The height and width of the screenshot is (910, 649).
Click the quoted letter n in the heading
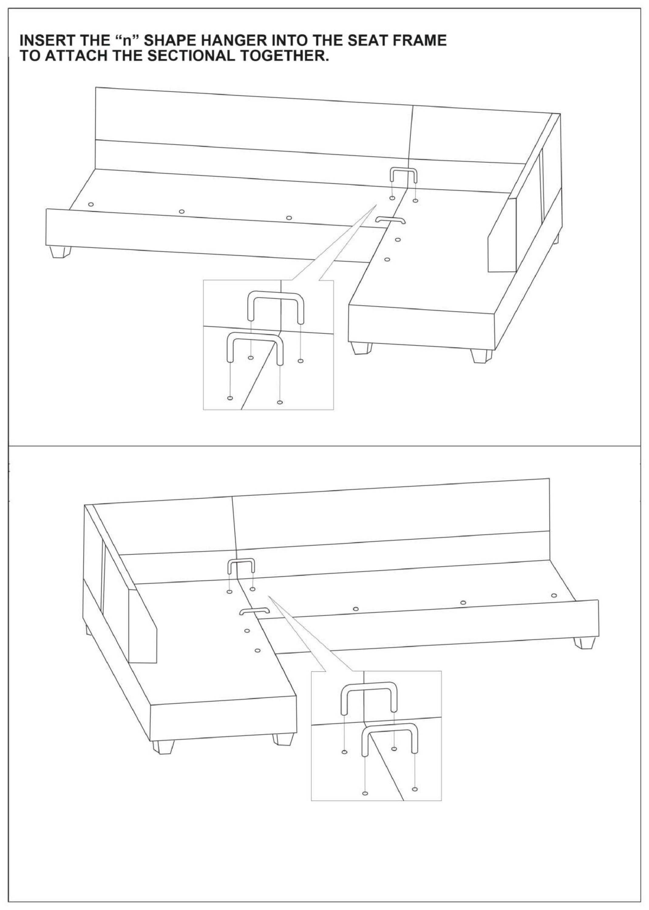coord(127,40)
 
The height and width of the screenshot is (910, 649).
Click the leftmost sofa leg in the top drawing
coord(61,252)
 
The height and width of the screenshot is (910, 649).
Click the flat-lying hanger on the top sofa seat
coord(390,219)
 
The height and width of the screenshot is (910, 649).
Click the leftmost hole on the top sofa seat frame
coord(91,204)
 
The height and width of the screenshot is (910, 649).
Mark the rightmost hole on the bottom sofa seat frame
coord(553,595)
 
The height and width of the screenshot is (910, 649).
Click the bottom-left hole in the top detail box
coord(230,398)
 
